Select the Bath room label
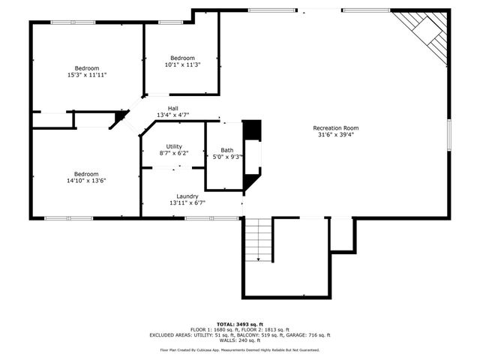[226, 150]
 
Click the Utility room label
[174, 146]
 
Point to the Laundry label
[187, 196]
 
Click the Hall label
[173, 109]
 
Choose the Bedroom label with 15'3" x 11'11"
[86, 68]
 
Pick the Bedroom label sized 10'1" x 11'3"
[182, 58]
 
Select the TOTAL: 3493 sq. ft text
[240, 323]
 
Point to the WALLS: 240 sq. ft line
[240, 341]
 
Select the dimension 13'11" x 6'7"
[187, 202]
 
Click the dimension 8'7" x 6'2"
[174, 153]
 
